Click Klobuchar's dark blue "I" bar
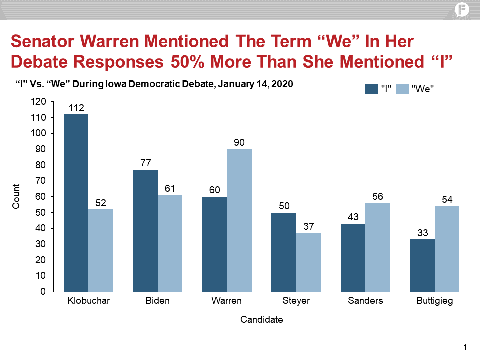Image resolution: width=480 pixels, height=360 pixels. click(76, 203)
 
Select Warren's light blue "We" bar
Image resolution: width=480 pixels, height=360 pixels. click(239, 220)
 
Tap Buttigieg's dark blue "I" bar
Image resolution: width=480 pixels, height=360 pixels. click(422, 265)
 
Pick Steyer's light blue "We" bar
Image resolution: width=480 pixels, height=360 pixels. click(308, 262)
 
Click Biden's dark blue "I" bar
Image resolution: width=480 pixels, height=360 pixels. click(145, 230)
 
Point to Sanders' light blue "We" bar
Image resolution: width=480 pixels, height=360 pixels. click(378, 247)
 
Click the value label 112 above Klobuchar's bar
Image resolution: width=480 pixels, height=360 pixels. click(76, 108)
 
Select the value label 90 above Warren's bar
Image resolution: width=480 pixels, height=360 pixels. click(239, 143)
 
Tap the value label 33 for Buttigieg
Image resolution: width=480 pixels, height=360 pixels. click(422, 233)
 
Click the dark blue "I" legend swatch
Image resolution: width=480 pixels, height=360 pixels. click(372, 89)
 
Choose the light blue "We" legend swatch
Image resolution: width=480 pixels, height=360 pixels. click(402, 89)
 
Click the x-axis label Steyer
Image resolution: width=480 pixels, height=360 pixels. click(296, 301)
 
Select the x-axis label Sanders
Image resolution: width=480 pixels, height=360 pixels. click(365, 301)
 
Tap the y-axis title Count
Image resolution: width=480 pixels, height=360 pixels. click(16, 197)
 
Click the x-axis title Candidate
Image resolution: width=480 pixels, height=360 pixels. click(261, 319)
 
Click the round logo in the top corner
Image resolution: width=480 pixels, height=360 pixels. click(462, 10)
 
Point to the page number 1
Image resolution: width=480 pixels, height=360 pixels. click(465, 348)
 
